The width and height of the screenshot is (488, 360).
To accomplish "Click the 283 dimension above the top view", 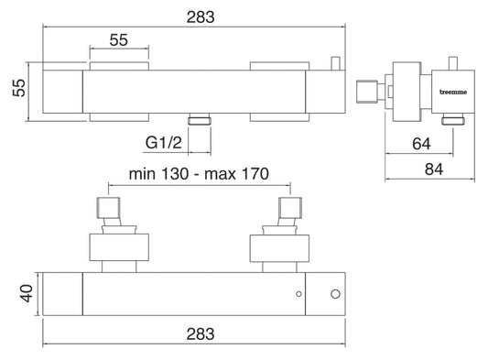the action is pyautogui.click(x=201, y=17).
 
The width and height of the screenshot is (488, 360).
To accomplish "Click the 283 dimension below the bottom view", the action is pyautogui.click(x=201, y=334).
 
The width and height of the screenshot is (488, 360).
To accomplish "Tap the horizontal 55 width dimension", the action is pyautogui.click(x=119, y=40).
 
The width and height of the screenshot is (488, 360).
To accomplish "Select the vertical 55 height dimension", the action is pyautogui.click(x=19, y=88).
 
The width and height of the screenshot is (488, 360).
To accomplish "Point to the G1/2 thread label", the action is pyautogui.click(x=163, y=143).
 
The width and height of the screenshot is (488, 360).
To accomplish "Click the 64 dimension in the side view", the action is pyautogui.click(x=421, y=144).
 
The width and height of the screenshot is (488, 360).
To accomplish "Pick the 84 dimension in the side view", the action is pyautogui.click(x=434, y=169).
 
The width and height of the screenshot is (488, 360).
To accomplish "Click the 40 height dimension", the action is pyautogui.click(x=27, y=293).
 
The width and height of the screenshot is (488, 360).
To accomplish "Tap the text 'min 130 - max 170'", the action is pyautogui.click(x=199, y=174).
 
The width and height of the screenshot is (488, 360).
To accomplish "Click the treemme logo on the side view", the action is pyautogui.click(x=453, y=92).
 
